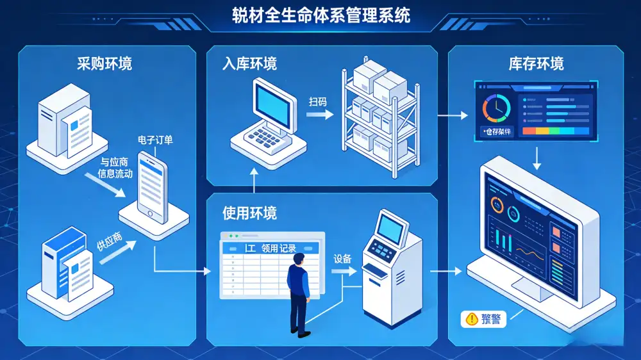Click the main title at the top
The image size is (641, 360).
(320, 15)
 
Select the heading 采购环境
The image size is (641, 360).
(104, 63)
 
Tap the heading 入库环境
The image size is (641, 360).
(249, 64)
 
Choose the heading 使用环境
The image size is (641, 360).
(249, 211)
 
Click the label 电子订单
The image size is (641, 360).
(155, 140)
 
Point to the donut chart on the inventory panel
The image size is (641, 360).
(494, 108)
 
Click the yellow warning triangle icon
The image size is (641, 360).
(473, 318)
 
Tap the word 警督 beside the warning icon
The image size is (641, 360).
(492, 318)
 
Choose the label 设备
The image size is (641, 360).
(343, 259)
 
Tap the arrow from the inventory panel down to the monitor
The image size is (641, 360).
(537, 156)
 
